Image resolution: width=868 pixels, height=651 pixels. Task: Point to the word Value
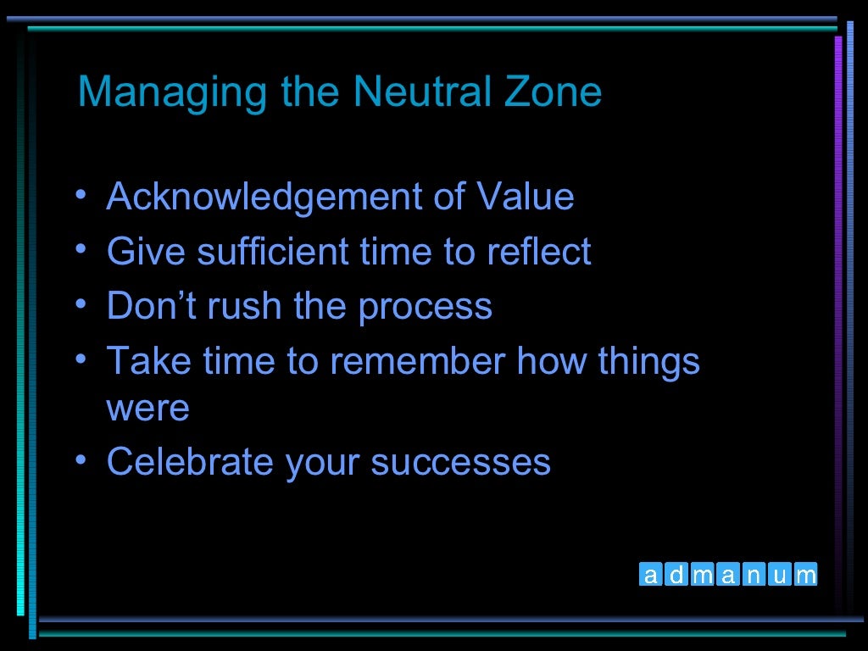(525, 198)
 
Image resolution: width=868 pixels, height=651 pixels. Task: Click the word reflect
(538, 252)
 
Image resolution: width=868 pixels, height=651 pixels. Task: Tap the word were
(147, 409)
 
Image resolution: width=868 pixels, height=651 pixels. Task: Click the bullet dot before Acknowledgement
(81, 196)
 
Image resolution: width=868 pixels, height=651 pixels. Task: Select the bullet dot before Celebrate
(81, 460)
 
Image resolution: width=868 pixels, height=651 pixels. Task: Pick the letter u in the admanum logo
(780, 576)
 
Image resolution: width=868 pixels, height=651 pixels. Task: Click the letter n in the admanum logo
(754, 576)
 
